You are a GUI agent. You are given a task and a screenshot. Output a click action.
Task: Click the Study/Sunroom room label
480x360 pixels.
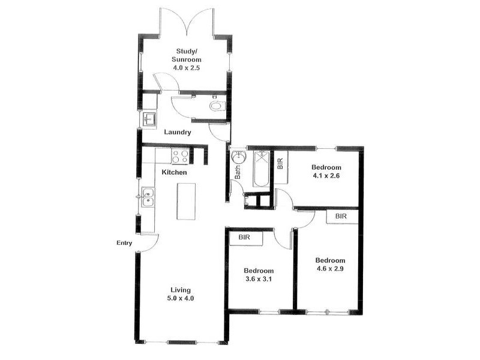pos(188,55)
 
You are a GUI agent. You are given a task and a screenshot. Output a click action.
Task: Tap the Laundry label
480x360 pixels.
pos(177,132)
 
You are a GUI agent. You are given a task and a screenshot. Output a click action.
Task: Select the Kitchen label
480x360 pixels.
pos(175,173)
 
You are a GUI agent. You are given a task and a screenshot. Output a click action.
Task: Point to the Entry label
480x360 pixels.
pos(124,243)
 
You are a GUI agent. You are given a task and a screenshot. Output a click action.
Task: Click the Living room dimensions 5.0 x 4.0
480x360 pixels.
pos(180,298)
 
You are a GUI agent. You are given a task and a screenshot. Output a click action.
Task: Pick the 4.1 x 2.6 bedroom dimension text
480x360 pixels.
pos(326,176)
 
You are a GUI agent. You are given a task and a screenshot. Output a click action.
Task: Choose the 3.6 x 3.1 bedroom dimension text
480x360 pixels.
pos(259,279)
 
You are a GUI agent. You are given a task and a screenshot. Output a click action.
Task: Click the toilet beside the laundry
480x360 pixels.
pos(217,107)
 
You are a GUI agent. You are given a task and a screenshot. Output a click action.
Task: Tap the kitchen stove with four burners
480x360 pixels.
pos(180,156)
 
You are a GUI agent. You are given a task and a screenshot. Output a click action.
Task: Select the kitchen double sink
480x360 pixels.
pos(148,197)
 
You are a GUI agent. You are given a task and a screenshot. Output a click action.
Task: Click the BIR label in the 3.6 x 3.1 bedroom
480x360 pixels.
pos(244,238)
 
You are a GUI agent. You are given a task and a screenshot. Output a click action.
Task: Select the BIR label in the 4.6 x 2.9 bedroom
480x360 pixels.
pos(341,216)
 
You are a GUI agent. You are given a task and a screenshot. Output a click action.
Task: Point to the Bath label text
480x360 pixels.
pos(238,173)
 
